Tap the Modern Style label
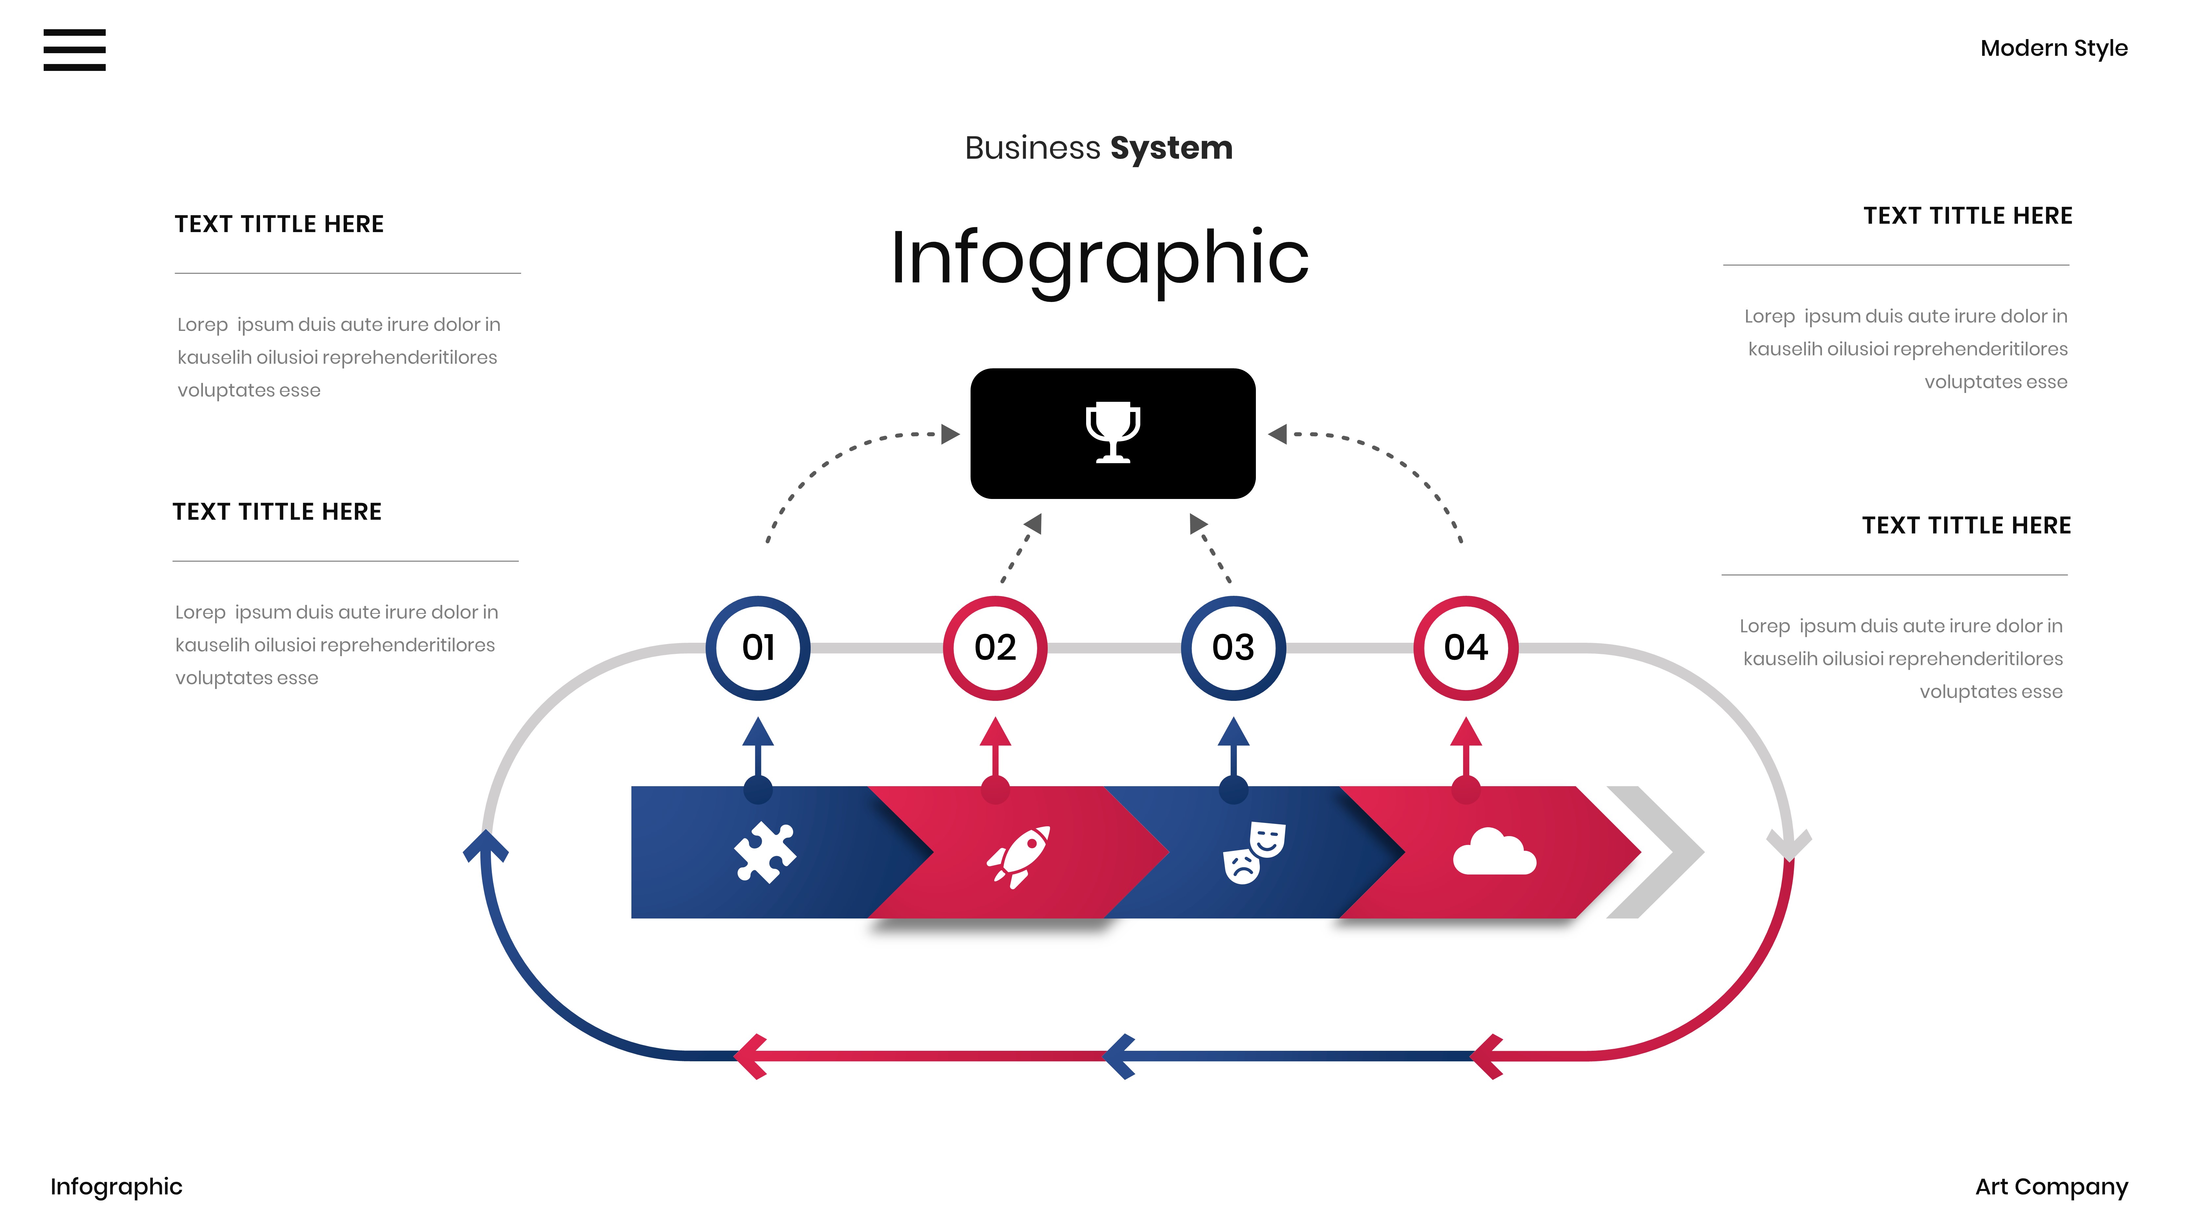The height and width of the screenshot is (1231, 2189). click(2053, 49)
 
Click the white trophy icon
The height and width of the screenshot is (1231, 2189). click(1112, 432)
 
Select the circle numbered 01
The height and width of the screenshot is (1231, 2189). click(758, 648)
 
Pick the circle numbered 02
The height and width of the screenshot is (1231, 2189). click(995, 648)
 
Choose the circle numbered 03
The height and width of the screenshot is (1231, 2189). click(1233, 648)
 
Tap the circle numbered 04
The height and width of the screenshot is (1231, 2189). click(1466, 648)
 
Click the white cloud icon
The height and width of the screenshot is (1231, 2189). click(1494, 852)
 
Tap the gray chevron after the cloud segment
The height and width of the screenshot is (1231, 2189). click(1657, 852)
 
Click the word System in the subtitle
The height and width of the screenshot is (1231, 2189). click(1171, 149)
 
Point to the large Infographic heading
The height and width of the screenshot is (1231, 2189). click(1099, 257)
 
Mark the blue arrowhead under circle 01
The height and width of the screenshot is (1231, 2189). click(758, 732)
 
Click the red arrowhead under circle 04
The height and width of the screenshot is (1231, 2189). click(1466, 732)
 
